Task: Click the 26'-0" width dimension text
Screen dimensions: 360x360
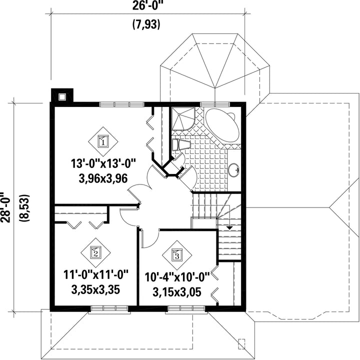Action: click(x=146, y=5)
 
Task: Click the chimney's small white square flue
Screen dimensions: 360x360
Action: click(x=62, y=96)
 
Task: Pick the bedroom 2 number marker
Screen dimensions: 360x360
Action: click(x=95, y=253)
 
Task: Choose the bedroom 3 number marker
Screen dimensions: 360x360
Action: click(x=177, y=255)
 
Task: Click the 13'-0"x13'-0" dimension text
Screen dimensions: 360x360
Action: click(x=103, y=164)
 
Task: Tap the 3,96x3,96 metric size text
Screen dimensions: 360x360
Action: click(x=103, y=178)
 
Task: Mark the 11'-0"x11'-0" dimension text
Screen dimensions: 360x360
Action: click(x=95, y=275)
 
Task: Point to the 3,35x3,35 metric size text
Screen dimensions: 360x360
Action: click(x=95, y=289)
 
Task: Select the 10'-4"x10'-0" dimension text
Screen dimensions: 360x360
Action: click(x=177, y=277)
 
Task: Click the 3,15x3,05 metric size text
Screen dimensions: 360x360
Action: click(x=177, y=292)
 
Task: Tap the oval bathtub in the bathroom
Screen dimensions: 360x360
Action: click(x=222, y=125)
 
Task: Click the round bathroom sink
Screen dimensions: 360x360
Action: click(x=234, y=170)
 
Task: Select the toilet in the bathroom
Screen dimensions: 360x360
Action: click(x=181, y=144)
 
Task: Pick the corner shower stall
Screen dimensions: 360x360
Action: click(x=183, y=119)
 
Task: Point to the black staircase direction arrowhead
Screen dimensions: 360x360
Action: click(x=229, y=228)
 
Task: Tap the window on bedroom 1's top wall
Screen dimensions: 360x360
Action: click(x=122, y=104)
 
